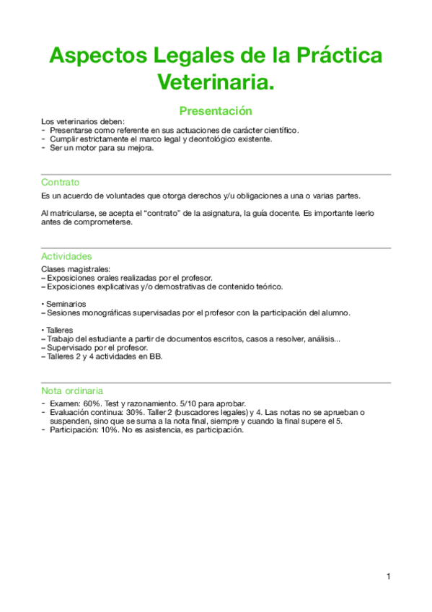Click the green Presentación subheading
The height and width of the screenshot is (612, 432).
coord(216,111)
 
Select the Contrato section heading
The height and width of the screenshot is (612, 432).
coord(61,183)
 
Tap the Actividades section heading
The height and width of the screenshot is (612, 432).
coord(66,256)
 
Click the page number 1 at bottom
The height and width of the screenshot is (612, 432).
coord(388,576)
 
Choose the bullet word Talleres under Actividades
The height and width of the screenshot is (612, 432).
coord(62,330)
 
